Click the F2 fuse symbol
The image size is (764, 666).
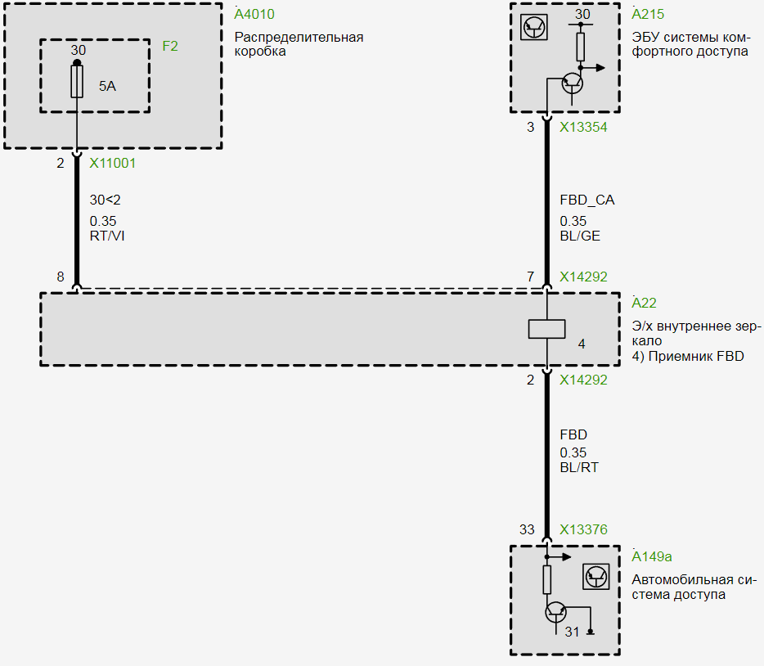[77, 82]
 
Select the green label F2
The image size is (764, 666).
[169, 46]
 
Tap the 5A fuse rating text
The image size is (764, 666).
[108, 85]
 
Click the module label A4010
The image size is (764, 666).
[254, 15]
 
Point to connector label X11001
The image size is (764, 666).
[113, 163]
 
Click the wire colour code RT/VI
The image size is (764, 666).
[107, 236]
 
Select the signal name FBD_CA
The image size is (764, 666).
[586, 200]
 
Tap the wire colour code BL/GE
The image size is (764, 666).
[579, 236]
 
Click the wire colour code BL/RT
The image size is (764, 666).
[579, 468]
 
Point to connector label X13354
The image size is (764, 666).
[583, 128]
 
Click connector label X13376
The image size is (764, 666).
[583, 530]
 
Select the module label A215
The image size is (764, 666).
[649, 15]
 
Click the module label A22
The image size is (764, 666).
[644, 304]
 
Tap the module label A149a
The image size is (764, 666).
[652, 557]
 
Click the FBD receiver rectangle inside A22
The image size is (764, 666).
[546, 329]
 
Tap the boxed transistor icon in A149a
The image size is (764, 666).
[596, 577]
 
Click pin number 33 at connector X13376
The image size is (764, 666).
[528, 530]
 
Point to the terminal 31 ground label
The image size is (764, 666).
[572, 632]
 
